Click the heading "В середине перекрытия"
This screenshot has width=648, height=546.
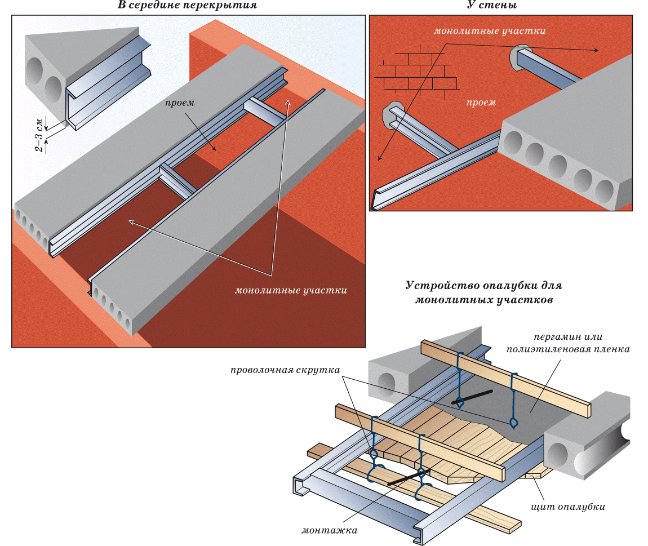[187, 6]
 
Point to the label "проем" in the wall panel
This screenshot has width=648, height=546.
[481, 103]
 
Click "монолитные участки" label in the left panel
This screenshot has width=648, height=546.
[290, 291]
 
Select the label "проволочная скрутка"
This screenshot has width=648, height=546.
[285, 371]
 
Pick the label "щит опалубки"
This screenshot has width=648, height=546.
[568, 507]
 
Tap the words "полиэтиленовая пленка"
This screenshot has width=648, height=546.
[568, 349]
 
